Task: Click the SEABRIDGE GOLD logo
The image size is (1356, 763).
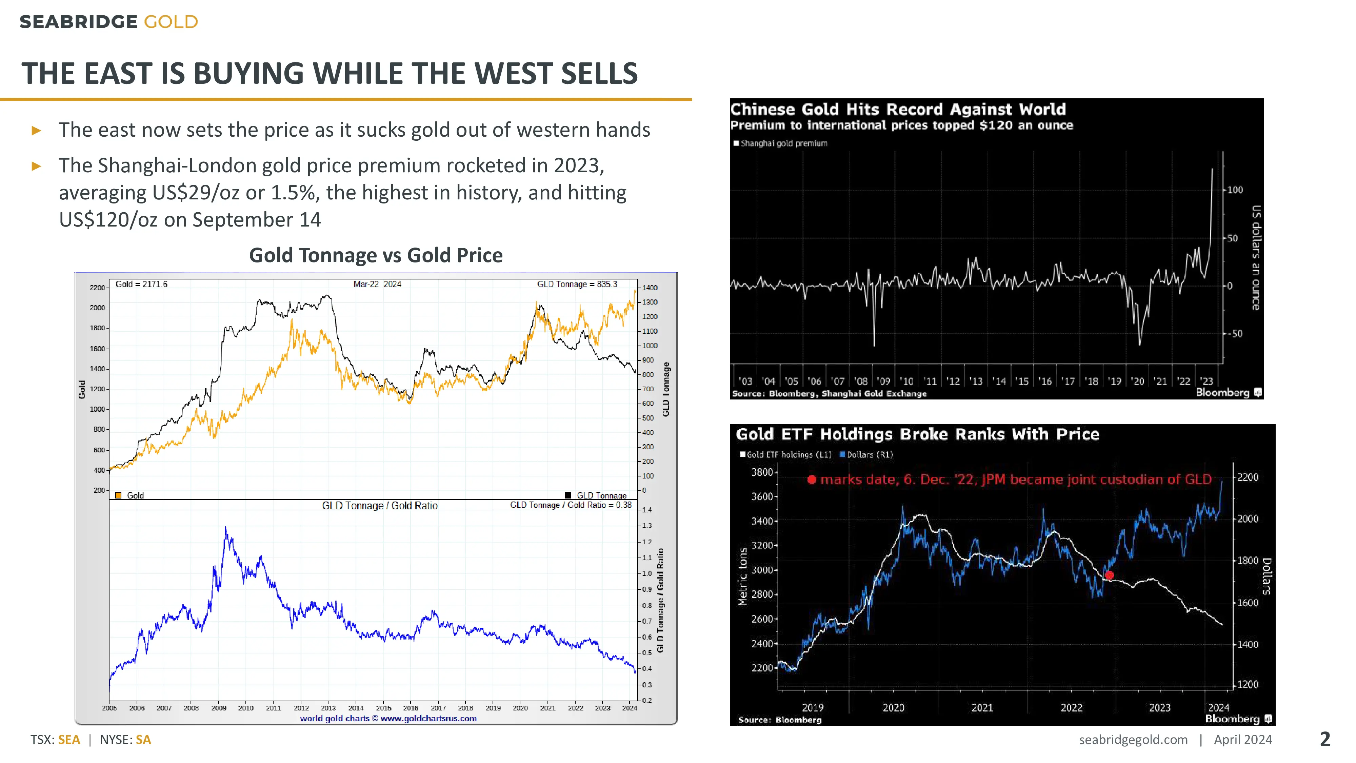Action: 108,22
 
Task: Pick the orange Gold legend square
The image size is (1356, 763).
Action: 118,495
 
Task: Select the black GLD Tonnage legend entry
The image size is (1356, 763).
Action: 596,495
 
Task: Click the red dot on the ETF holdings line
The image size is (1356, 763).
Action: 1109,575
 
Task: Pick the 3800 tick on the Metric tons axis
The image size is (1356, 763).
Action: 762,472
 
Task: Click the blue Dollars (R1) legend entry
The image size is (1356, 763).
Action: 866,454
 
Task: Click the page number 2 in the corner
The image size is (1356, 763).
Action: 1325,739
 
